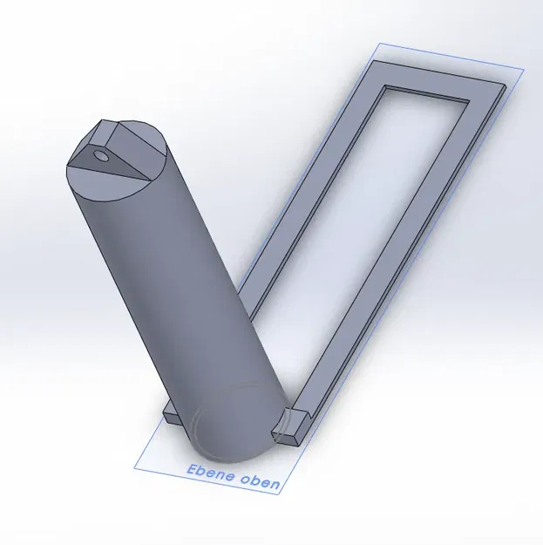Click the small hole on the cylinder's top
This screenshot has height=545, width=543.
click(x=103, y=157)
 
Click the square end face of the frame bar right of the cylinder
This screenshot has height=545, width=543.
click(x=285, y=429)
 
